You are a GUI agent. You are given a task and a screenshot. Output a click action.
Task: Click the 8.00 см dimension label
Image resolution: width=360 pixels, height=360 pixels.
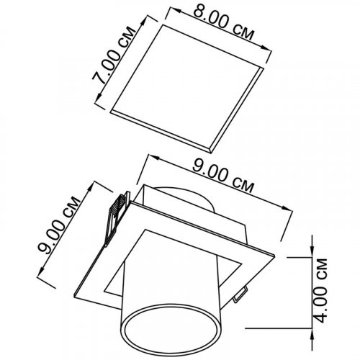(223, 22)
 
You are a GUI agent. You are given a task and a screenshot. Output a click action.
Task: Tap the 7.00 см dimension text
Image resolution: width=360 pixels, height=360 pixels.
(114, 55)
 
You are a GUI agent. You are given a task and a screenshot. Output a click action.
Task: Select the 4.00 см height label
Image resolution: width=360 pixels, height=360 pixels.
(321, 291)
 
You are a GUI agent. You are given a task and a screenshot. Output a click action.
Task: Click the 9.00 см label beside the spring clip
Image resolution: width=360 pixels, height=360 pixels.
(59, 225)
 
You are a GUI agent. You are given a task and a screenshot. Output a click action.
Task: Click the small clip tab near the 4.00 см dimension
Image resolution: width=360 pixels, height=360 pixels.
(240, 293)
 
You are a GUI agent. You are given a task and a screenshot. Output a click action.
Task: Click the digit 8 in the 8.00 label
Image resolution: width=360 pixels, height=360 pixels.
(199, 12)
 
